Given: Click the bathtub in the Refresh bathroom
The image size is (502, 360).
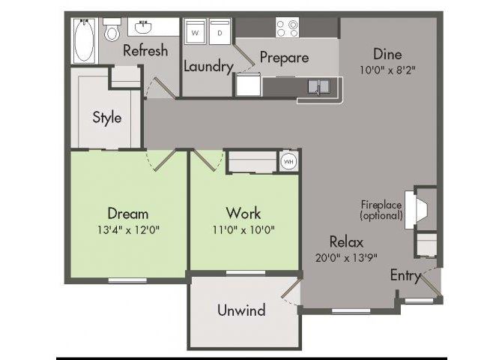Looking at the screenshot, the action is click(x=84, y=40).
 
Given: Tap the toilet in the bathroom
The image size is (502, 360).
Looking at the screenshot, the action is click(x=112, y=30).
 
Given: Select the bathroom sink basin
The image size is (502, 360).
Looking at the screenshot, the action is click(x=143, y=27).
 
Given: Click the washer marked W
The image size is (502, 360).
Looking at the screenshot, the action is click(x=195, y=32).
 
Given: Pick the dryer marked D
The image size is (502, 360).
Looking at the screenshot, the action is click(x=220, y=32).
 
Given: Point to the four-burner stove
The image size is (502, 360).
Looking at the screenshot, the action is click(x=287, y=28).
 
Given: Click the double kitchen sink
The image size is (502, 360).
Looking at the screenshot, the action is click(x=318, y=86).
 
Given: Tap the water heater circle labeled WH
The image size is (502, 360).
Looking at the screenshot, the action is click(x=288, y=161).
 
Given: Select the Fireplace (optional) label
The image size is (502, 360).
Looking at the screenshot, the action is click(x=381, y=210).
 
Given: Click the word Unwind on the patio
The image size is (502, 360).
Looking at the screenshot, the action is click(x=241, y=310).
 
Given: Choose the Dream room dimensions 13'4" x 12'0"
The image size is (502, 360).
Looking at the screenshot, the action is click(x=128, y=229).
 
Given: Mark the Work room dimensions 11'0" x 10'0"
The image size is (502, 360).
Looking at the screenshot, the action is click(x=244, y=229).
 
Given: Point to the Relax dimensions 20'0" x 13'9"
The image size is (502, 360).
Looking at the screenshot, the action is click(x=346, y=257).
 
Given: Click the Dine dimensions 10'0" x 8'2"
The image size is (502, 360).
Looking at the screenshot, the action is click(x=387, y=70).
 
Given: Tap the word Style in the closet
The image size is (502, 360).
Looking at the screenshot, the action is click(x=107, y=117).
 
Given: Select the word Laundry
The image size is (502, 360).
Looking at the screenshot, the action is click(x=208, y=67).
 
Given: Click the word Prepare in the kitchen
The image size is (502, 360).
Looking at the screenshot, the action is click(x=284, y=58).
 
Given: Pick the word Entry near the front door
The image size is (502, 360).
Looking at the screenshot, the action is click(x=405, y=276).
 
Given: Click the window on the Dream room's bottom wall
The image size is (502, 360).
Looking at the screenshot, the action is click(x=127, y=280).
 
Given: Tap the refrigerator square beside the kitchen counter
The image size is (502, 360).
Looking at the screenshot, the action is click(x=249, y=85).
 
